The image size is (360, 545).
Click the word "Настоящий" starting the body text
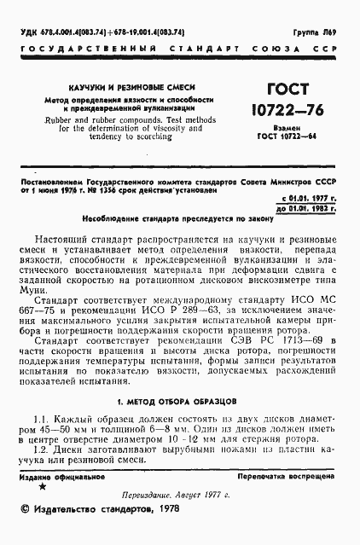pyautogui.click(x=74, y=243)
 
